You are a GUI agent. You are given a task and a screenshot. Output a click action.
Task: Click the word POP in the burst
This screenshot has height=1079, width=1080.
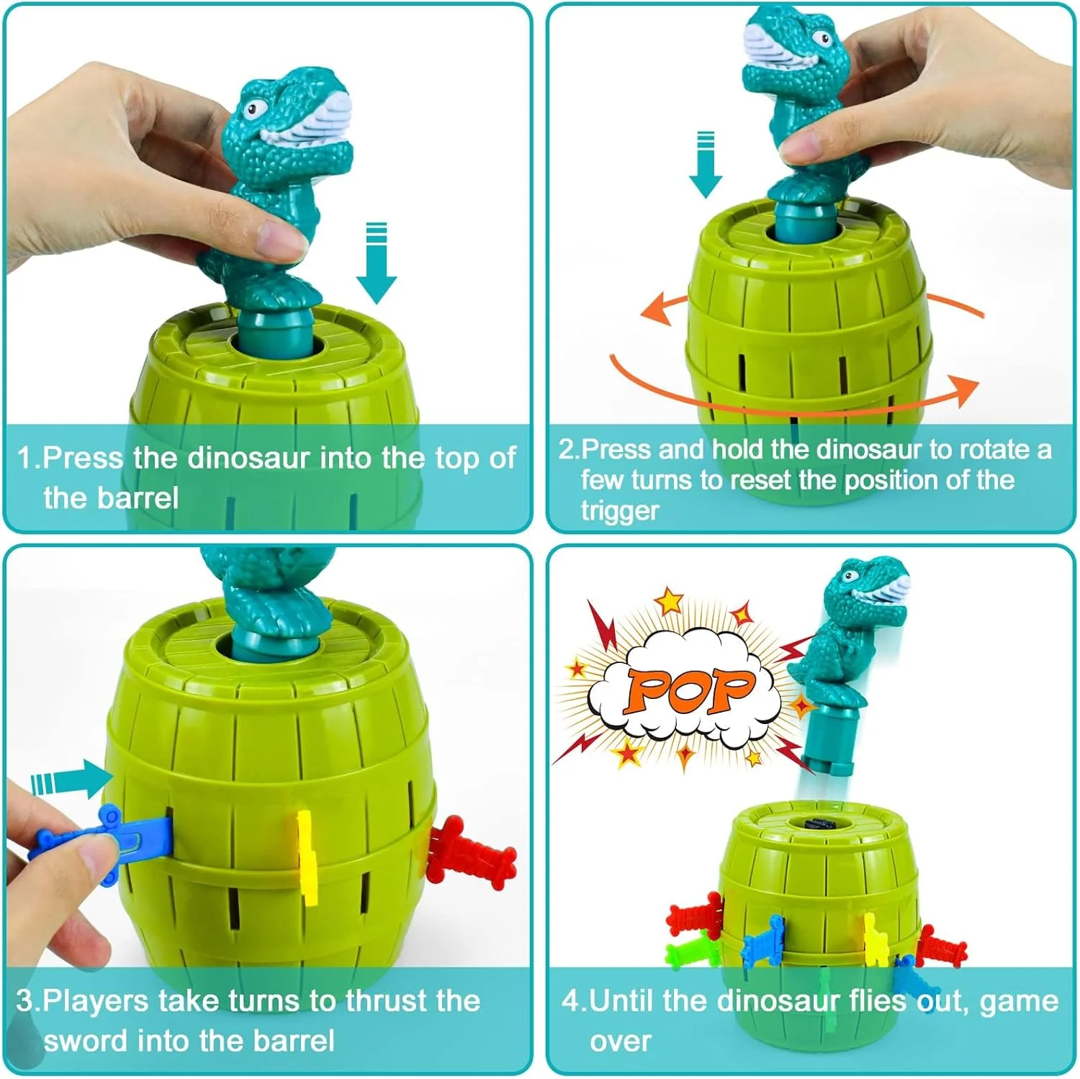[690, 689]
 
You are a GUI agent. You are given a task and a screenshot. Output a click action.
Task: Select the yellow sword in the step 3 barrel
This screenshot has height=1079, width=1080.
[307, 857]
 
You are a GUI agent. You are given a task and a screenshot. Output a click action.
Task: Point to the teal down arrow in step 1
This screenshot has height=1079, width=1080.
[377, 263]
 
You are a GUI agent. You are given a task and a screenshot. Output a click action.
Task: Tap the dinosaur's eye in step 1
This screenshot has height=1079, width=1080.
[252, 110]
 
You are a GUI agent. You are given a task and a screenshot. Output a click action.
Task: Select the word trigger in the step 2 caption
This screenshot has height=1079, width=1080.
[620, 511]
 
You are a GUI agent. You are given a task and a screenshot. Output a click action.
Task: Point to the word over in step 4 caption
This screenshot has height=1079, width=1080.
[620, 1042]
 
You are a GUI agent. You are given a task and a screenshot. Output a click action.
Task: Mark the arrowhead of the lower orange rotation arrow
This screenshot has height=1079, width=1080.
[965, 389]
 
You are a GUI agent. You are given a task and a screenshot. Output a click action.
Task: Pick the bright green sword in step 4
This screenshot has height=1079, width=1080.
[691, 952]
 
